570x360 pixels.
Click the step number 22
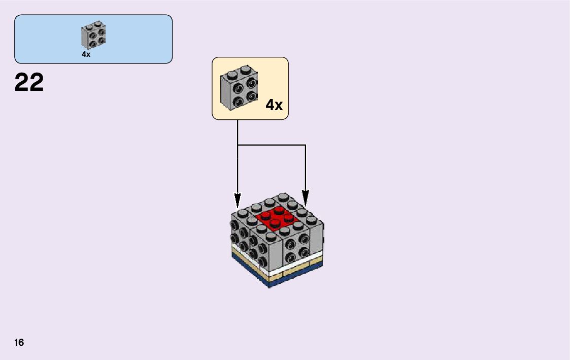pyautogui.click(x=29, y=83)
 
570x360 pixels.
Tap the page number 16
pyautogui.click(x=19, y=343)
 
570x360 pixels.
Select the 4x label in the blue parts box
pyautogui.click(x=86, y=54)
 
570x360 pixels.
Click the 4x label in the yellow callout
pyautogui.click(x=274, y=105)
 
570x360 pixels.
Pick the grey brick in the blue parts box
pyautogui.click(x=93, y=36)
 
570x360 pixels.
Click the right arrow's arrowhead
pyautogui.click(x=305, y=198)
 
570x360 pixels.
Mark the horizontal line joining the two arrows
pyautogui.click(x=272, y=145)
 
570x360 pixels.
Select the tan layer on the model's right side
pyautogui.click(x=305, y=267)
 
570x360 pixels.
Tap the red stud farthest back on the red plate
pyautogui.click(x=279, y=210)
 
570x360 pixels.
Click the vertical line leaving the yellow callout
pyautogui.click(x=238, y=132)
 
